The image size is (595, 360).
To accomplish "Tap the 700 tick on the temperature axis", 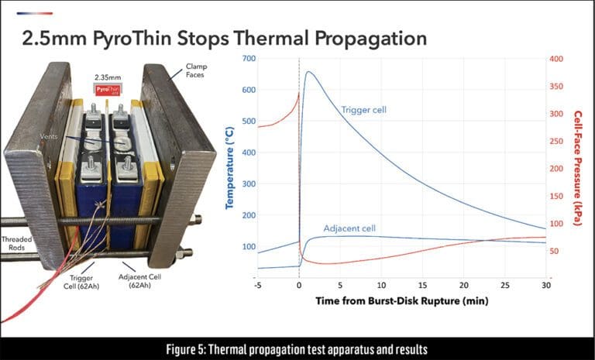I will tap(247, 59).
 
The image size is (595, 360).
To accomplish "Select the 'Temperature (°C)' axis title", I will tap(230, 168).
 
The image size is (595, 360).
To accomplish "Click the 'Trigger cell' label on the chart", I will tap(363, 110).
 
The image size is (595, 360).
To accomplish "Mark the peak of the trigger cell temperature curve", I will tap(309, 72).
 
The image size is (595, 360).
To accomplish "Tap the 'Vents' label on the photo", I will tap(49, 136).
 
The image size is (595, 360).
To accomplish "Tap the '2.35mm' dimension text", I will tap(108, 77).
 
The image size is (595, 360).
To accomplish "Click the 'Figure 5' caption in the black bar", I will tap(297, 348).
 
